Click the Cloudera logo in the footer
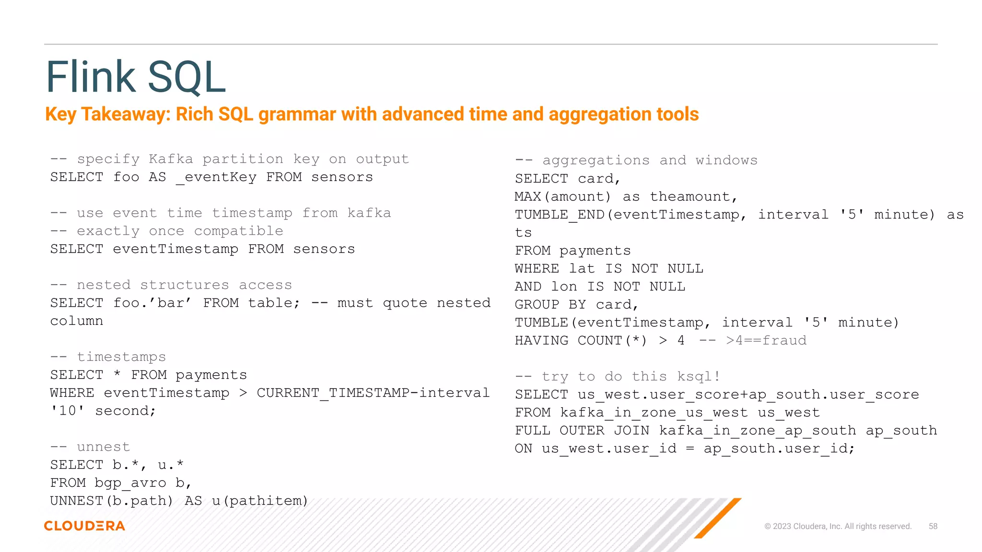tap(84, 526)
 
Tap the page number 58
tap(933, 526)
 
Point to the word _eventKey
tap(216, 177)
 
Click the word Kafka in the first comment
tap(171, 159)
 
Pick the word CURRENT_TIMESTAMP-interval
tap(373, 393)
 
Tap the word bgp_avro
tap(130, 483)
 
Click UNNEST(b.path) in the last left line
tap(111, 501)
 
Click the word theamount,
tap(693, 196)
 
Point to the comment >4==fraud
tap(766, 341)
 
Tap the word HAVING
tap(541, 341)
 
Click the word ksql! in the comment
tap(698, 377)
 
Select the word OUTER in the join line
tap(582, 430)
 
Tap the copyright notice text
tap(838, 526)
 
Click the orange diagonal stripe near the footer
tap(718, 518)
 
